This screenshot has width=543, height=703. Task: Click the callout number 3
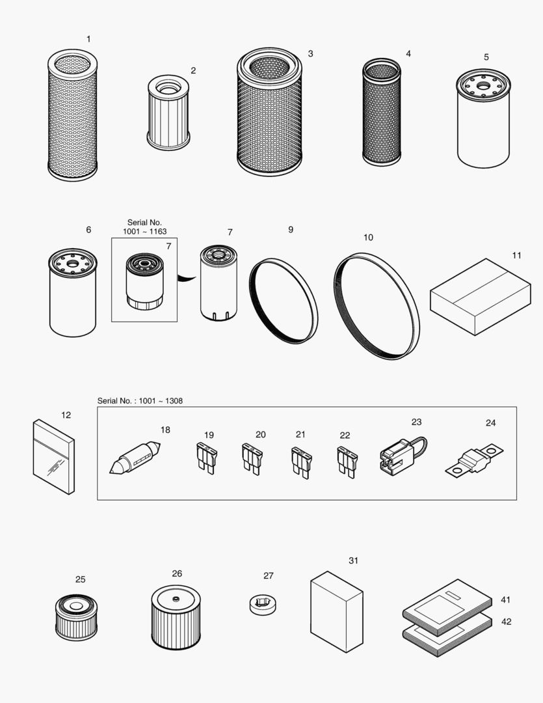pos(310,53)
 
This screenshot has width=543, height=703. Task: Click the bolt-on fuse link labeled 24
pos(475,460)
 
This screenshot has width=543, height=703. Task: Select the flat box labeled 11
pos(480,297)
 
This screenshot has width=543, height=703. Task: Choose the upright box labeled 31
pos(336,611)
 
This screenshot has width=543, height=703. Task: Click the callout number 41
pos(505,600)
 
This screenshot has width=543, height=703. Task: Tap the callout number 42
pos(506,622)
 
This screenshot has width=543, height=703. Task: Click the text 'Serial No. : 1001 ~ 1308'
pos(140,401)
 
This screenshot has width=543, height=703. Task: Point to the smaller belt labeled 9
pos(284,300)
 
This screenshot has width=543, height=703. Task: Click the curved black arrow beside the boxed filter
pos(187,278)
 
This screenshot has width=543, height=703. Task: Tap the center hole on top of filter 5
pos(483,85)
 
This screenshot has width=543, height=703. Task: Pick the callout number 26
pos(177,573)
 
